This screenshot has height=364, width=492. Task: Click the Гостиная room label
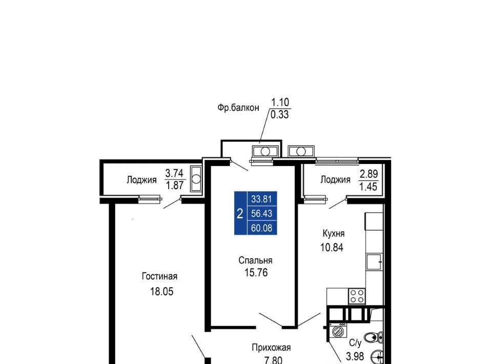tap(159, 276)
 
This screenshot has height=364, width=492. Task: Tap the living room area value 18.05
tap(161, 292)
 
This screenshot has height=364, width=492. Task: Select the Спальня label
tap(255, 260)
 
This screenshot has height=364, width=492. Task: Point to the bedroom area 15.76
tap(256, 273)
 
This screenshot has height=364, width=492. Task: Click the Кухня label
tap(334, 233)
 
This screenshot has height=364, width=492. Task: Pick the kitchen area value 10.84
tap(332, 248)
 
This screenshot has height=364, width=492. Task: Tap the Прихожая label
tap(271, 348)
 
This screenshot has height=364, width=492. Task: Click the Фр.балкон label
tap(238, 108)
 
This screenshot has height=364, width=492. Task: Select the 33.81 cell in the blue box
tap(261, 199)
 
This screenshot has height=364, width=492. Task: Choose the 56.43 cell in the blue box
tap(261, 213)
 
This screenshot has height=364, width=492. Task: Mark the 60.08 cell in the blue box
tap(261, 228)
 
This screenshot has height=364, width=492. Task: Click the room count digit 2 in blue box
tap(240, 214)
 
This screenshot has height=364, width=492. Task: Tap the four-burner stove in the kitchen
tap(357, 296)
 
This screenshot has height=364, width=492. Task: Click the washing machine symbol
tap(338, 331)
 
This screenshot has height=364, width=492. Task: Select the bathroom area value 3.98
tap(355, 357)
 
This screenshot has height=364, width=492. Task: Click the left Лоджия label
tap(141, 180)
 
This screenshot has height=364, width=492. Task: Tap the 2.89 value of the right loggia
tap(368, 174)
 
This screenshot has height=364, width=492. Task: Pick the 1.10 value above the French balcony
tap(280, 103)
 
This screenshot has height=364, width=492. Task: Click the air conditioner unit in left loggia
tap(196, 179)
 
